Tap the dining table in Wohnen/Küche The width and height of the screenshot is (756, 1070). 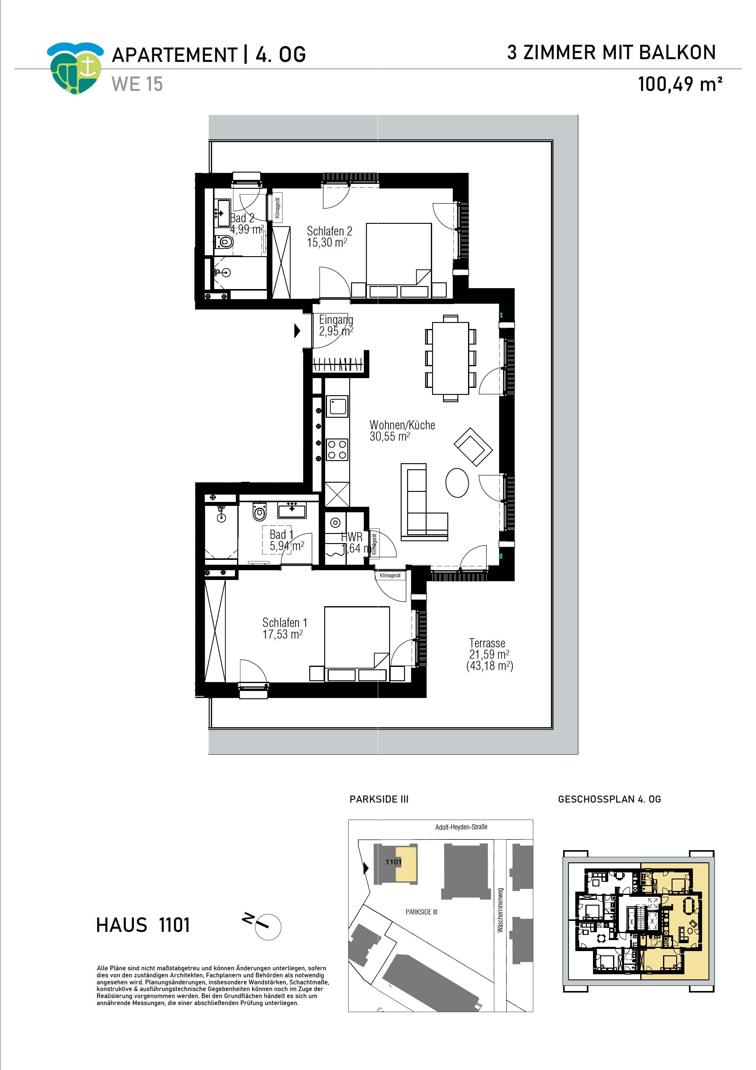pyautogui.click(x=450, y=358)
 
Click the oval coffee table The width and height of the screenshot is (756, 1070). pyautogui.click(x=457, y=483)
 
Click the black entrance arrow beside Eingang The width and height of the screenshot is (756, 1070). pyautogui.click(x=297, y=331)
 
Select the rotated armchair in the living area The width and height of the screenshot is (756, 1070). pyautogui.click(x=473, y=447)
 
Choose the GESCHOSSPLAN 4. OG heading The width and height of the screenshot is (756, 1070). pyautogui.click(x=609, y=799)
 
